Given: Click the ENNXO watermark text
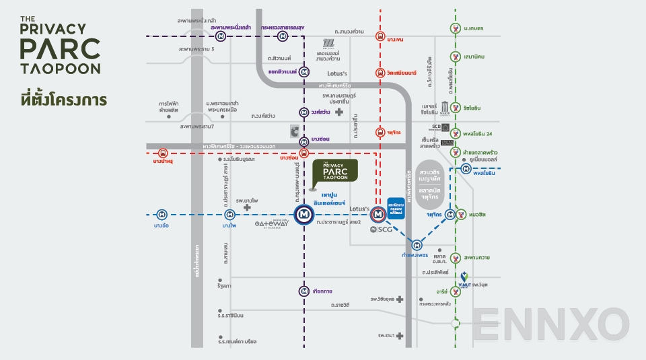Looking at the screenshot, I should click(550, 324).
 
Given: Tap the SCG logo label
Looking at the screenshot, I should click(381, 229).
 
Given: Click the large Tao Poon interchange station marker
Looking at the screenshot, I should click(304, 215).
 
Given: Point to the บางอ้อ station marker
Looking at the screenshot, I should click(161, 215).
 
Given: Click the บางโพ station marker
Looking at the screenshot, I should click(229, 215).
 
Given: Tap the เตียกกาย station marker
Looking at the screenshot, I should click(304, 291).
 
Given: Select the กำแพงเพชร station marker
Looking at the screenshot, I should click(417, 244).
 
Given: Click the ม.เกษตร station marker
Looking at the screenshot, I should click(456, 28).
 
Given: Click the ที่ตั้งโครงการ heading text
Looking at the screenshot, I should click(64, 99).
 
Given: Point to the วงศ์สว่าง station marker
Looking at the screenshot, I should click(304, 112).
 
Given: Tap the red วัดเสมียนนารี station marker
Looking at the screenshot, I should click(380, 72).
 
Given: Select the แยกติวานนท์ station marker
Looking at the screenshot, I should click(304, 71).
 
